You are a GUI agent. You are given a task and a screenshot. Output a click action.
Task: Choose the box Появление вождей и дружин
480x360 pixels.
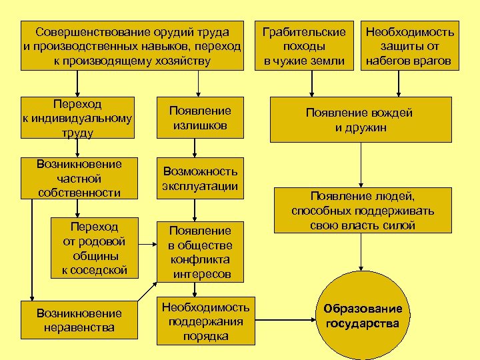360,120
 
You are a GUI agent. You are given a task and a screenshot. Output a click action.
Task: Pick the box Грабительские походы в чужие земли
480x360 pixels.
304,46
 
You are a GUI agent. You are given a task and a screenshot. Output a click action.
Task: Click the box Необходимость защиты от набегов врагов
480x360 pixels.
409,46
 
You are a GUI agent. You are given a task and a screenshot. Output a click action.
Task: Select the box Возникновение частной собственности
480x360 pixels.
79,179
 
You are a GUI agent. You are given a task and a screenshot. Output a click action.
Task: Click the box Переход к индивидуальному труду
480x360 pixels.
79,119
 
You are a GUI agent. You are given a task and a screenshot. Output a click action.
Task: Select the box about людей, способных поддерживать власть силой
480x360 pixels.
362,211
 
